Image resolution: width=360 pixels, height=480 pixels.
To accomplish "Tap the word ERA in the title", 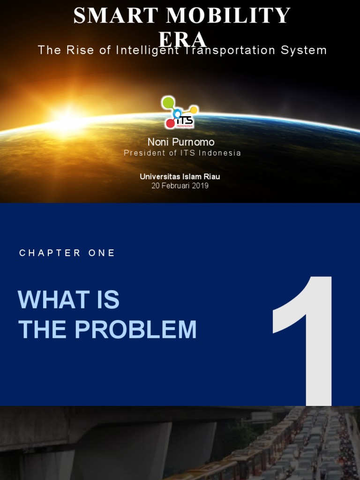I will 183,39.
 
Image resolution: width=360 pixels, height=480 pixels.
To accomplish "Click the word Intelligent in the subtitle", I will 147,50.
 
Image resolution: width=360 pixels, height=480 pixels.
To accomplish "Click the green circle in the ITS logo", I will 168,102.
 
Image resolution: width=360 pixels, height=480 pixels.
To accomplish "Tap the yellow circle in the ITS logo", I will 194,110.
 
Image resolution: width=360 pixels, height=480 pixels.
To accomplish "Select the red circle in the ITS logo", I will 170,123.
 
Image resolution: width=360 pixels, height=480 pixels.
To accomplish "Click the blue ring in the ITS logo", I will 177,113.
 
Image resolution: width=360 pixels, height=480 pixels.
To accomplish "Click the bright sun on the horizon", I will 68,117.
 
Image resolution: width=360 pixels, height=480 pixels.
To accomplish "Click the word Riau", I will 211,177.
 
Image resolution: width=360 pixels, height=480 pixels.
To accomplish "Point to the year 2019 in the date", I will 200,186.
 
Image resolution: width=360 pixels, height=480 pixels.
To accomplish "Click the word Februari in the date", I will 175,186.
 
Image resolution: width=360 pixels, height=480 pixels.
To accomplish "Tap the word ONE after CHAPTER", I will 102,253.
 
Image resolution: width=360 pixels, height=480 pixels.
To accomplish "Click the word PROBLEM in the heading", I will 135,330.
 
